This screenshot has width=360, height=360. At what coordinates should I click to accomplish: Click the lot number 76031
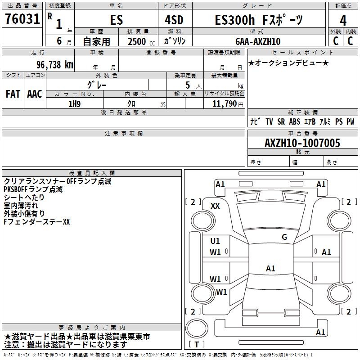pyautogui.click(x=22, y=19)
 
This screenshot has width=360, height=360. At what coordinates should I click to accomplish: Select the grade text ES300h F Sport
pyautogui.click(x=259, y=20)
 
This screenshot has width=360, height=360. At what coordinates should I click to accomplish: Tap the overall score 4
pyautogui.click(x=343, y=20)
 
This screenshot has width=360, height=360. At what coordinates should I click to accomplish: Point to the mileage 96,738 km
pyautogui.click(x=54, y=65)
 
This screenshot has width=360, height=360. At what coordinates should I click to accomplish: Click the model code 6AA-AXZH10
pyautogui.click(x=258, y=41)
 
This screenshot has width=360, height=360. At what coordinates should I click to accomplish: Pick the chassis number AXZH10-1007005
pyautogui.click(x=302, y=143)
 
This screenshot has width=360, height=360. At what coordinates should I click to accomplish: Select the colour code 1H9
pyautogui.click(x=75, y=104)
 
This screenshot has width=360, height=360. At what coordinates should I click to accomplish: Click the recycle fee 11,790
pyautogui.click(x=224, y=104)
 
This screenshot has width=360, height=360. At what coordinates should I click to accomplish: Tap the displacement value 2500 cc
pyautogui.click(x=141, y=42)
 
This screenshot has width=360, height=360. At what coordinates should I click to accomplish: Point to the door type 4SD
pyautogui.click(x=174, y=20)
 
